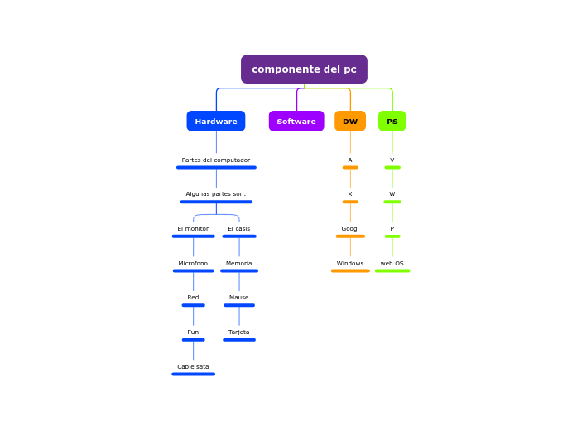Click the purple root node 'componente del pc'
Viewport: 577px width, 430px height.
coord(304,69)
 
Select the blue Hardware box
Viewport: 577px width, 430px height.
coord(216,122)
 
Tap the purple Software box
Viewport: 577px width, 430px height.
coord(296,122)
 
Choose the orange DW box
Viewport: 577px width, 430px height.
coord(350,122)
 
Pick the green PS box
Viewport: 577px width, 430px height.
coord(392,122)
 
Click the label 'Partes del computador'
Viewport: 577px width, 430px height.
coord(216,160)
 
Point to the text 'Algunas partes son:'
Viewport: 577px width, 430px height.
coord(216,194)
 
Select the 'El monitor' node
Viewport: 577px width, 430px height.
coord(193,229)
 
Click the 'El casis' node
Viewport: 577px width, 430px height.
coord(239,229)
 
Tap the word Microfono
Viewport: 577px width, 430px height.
coord(193,264)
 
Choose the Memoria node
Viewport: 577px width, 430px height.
coord(239,264)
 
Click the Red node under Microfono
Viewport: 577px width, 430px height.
coord(193,298)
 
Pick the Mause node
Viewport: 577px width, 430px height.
coord(239,298)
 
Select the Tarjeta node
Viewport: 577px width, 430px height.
coord(239,332)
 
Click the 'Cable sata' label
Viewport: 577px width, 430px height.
coord(193,367)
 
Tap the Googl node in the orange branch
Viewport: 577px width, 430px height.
coord(350,229)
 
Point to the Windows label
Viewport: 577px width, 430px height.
coord(350,264)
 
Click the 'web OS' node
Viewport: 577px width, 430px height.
coord(392,264)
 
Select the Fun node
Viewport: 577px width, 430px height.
coord(193,332)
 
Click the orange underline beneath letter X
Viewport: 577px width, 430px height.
coord(350,202)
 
